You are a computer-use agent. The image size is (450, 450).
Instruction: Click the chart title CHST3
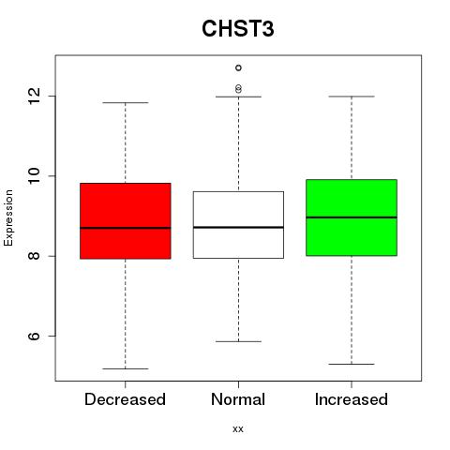click(238, 28)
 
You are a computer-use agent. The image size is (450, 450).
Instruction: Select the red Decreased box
click(126, 220)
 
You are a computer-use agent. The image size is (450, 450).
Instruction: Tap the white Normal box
click(238, 225)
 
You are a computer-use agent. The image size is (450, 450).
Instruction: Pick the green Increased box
click(352, 217)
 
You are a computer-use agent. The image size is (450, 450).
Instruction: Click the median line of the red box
click(126, 228)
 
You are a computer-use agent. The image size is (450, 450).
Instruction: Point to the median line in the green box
click(352, 217)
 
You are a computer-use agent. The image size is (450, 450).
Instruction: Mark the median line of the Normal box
click(238, 227)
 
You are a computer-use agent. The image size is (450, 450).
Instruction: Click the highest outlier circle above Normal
click(238, 67)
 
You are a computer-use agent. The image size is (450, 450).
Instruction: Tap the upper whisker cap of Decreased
click(126, 102)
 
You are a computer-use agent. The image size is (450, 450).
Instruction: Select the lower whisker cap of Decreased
click(126, 368)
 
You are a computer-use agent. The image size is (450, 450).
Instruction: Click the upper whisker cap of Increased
click(352, 97)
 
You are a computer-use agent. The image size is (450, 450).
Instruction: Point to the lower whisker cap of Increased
click(352, 364)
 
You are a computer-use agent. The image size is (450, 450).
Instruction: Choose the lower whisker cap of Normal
click(238, 341)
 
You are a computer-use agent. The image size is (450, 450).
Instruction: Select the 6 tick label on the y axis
click(34, 336)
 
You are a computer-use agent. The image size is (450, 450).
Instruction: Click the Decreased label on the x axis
click(125, 399)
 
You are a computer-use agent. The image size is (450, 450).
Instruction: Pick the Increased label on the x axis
click(352, 399)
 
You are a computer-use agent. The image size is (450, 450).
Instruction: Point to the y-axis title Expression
click(8, 217)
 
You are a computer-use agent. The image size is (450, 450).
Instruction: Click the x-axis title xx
click(238, 429)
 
